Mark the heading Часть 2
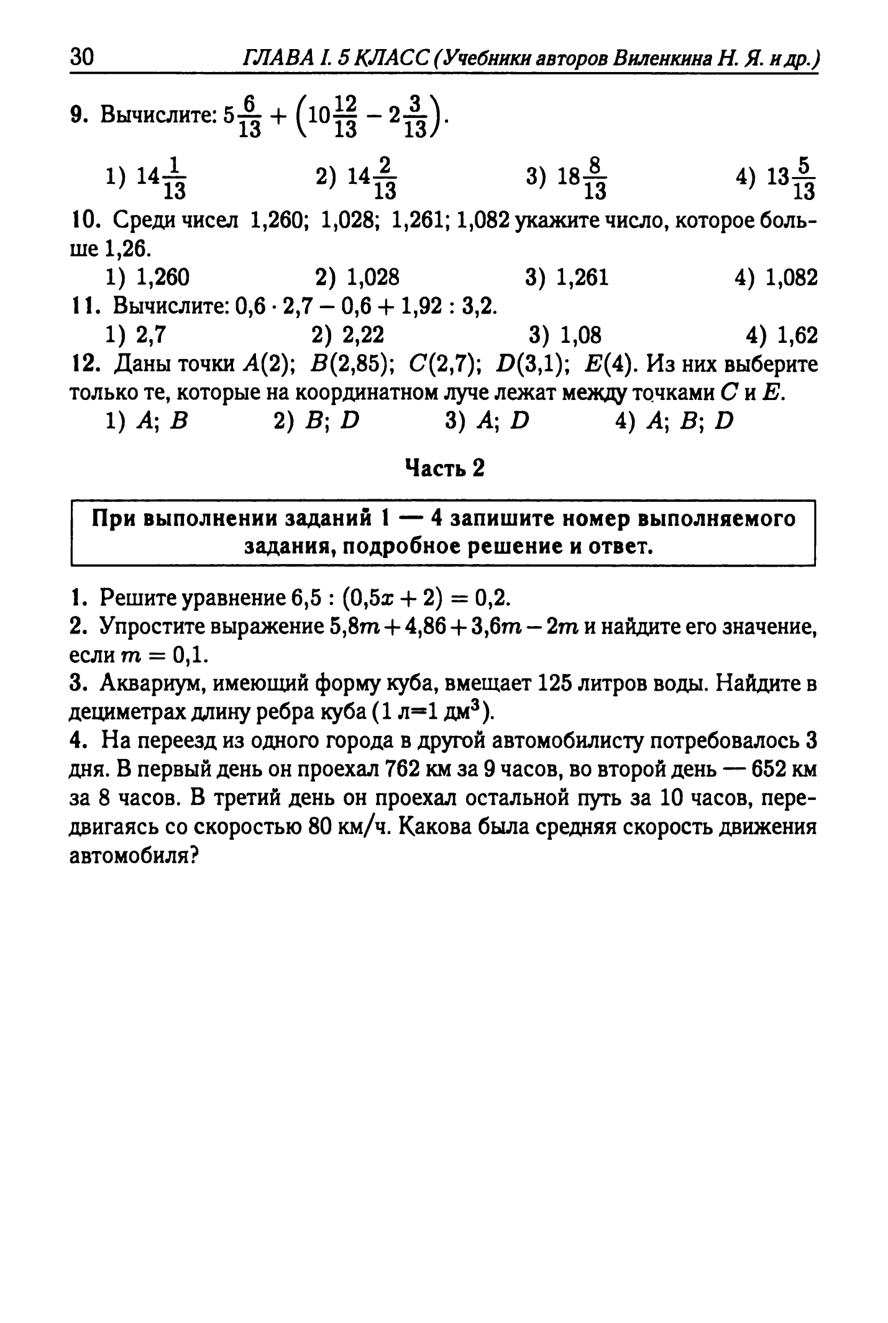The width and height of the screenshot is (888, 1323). click(x=444, y=468)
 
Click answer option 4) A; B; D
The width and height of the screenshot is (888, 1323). click(x=674, y=421)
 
